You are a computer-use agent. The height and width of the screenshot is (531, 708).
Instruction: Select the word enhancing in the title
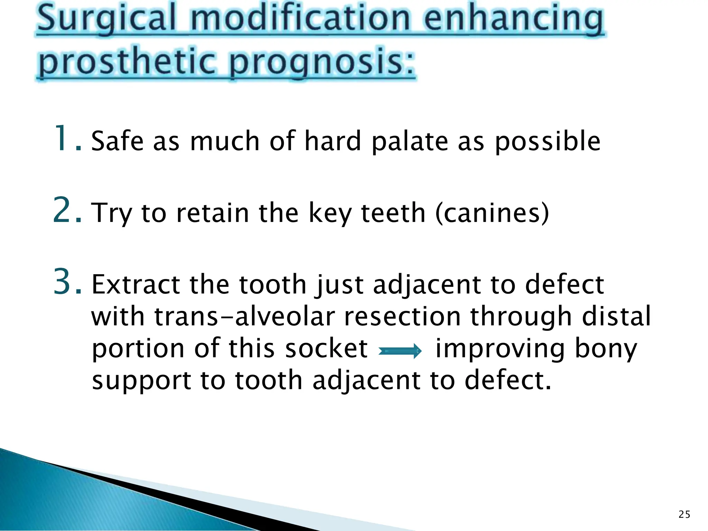point(514,19)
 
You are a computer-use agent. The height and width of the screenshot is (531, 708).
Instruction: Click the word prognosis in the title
point(322,62)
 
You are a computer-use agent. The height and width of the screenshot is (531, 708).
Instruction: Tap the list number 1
point(66,139)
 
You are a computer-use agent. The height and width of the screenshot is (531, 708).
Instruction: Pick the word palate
point(410,142)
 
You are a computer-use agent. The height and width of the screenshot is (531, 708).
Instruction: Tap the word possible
point(548,142)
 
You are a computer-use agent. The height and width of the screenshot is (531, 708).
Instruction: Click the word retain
point(213,213)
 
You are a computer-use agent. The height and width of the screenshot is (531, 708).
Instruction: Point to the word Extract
point(135,285)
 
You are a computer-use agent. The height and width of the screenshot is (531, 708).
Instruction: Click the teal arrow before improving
point(400,351)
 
